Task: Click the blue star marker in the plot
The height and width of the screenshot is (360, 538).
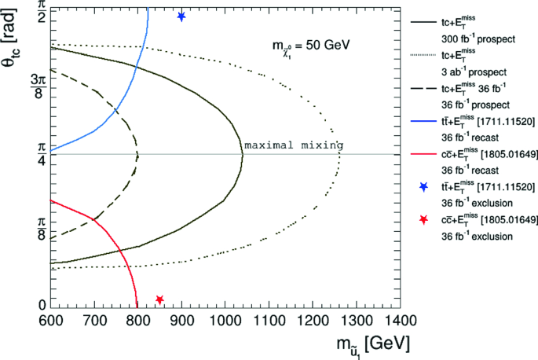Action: coord(181,17)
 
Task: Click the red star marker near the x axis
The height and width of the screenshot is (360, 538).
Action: coord(159,299)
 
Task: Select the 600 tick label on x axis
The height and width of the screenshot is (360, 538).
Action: coord(49,321)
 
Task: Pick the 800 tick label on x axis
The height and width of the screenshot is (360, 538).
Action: coord(137,321)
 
